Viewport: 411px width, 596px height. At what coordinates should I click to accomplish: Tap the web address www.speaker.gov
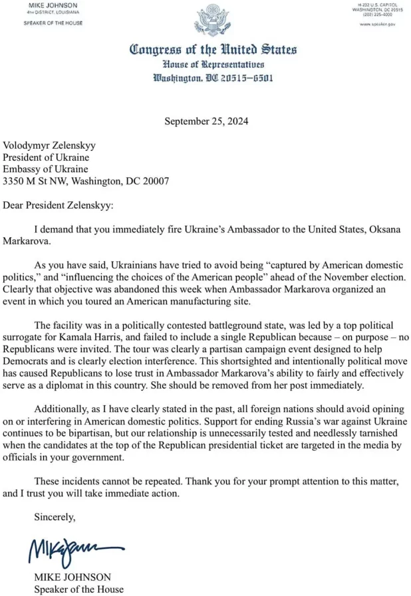coord(377,23)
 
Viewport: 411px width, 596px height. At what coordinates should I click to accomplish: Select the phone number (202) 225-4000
coord(377,15)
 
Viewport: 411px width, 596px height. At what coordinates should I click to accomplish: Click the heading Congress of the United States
coord(212,50)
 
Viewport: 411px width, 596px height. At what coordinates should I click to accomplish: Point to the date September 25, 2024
coord(205,122)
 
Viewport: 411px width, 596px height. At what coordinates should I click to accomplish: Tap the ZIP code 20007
coord(155,181)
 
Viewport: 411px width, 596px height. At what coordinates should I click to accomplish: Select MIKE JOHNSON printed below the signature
coord(63,577)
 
